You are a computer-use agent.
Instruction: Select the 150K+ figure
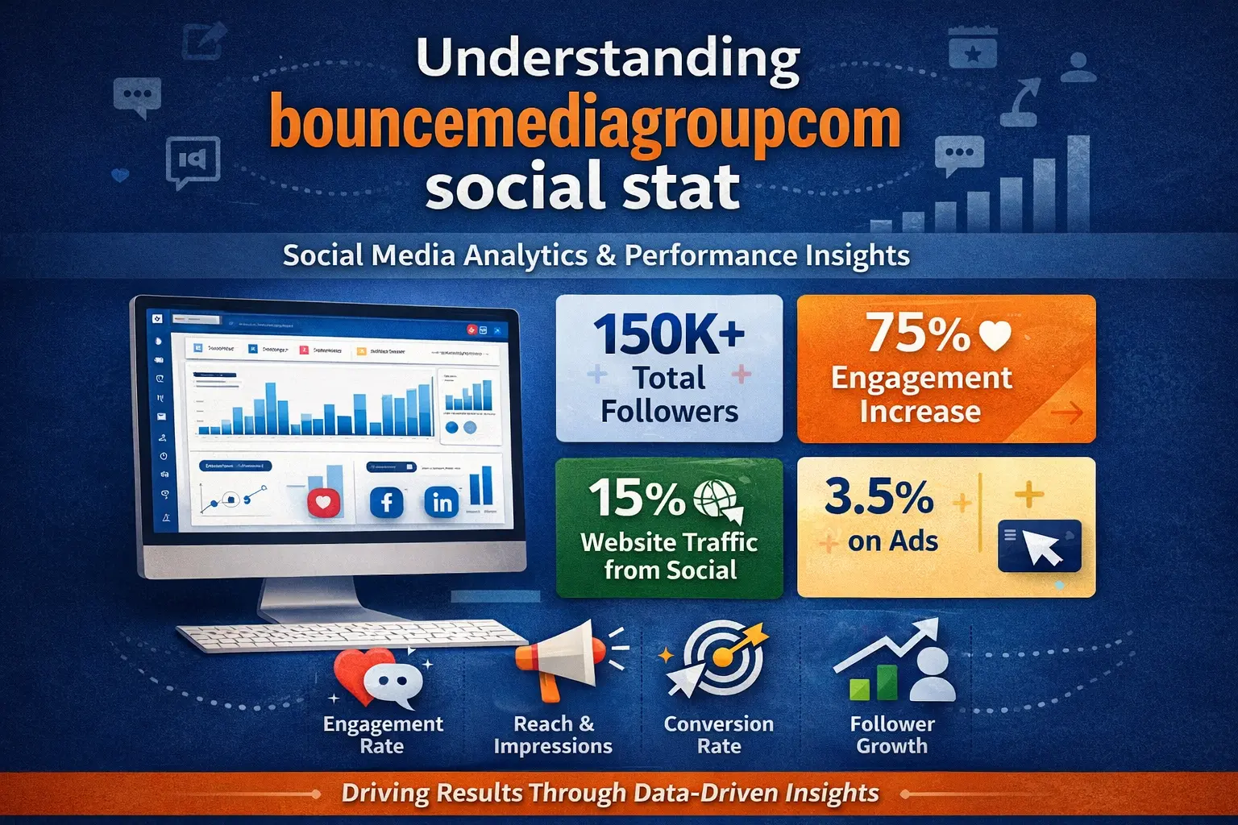coord(669,334)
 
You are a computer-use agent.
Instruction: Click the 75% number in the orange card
coord(917,332)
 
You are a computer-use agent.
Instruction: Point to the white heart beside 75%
coord(995,334)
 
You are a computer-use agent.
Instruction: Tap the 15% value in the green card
coord(637,498)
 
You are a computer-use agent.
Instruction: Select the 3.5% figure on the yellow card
coord(879,496)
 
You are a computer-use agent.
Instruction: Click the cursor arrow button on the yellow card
coord(1040,546)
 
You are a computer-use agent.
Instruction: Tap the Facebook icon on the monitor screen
coord(386,503)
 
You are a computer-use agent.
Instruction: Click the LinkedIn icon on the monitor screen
coord(442,503)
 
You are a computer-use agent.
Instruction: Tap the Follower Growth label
coord(892,735)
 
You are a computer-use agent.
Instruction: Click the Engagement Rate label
coord(383,735)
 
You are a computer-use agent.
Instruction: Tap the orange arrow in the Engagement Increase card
coord(1066,414)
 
